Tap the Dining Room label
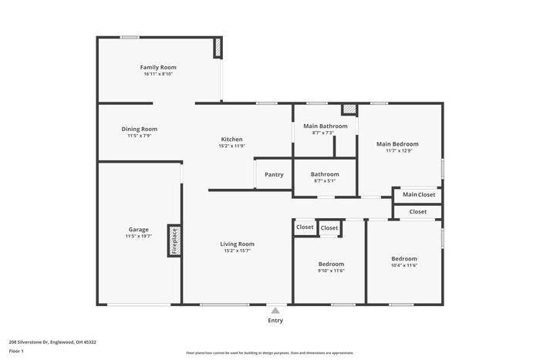pos(140,129)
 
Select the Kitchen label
pos(231,140)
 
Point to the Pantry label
pos(274,175)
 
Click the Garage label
pos(139,230)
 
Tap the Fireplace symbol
pos(175,240)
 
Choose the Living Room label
pos(238,244)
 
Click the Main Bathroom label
pos(325,126)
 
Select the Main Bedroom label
pos(397,144)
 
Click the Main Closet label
pos(419,195)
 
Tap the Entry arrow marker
pos(275,309)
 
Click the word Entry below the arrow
pos(275,321)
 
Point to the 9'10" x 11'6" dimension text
pos(330,271)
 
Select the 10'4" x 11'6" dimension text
pos(404,265)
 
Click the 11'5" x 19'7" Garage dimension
pos(139,237)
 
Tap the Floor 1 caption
pos(16,352)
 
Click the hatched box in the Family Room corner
pos(218,48)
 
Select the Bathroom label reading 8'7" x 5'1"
pos(325,182)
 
